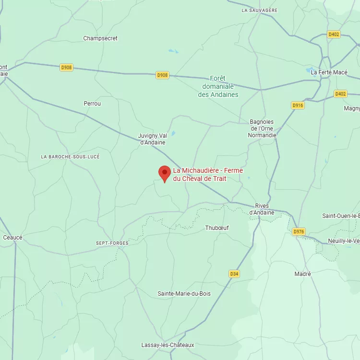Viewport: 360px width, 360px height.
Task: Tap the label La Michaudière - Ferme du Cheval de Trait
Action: click(x=208, y=175)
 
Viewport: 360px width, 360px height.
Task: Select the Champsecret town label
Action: click(x=100, y=38)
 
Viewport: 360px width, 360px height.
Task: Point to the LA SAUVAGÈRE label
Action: click(x=260, y=10)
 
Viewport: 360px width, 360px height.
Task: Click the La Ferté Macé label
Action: click(x=329, y=72)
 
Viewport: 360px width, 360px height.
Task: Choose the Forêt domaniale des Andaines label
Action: click(x=218, y=86)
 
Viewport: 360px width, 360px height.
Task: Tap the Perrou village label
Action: click(x=92, y=104)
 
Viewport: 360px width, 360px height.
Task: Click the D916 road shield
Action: click(x=298, y=105)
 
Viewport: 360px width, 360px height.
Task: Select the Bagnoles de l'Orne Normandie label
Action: click(x=262, y=129)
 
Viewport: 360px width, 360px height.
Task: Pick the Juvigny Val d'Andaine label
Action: click(x=153, y=139)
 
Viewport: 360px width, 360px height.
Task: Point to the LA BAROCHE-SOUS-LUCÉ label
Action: click(x=71, y=157)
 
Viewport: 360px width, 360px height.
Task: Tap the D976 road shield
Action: click(x=299, y=232)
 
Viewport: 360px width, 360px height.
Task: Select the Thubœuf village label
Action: click(x=217, y=228)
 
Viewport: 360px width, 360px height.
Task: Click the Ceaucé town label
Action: click(x=12, y=238)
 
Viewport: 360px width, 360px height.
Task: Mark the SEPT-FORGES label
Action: click(x=112, y=243)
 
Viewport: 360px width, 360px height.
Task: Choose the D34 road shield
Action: click(x=234, y=274)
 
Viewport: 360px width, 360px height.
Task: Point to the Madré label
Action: click(x=302, y=274)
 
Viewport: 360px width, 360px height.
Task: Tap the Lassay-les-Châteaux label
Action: click(x=168, y=345)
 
